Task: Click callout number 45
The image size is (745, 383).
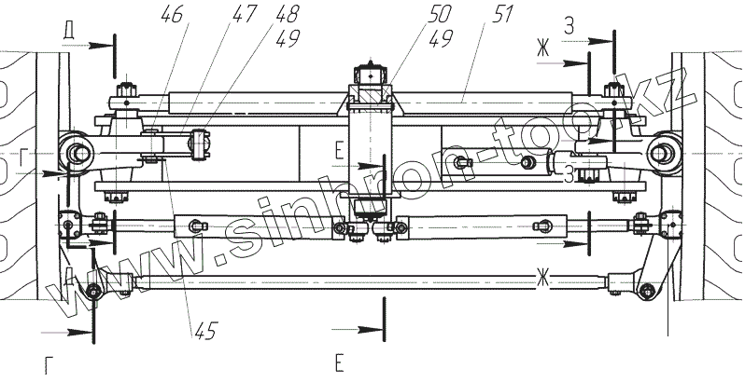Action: point(205,330)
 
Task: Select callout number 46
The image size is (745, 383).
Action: point(172,14)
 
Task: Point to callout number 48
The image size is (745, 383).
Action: point(287,14)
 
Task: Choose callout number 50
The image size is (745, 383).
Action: point(439,14)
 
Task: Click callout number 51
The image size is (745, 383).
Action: point(501,14)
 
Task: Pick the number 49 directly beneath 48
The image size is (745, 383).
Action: point(287,38)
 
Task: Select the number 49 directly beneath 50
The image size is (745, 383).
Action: point(440,38)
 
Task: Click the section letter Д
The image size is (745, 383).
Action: point(69,32)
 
